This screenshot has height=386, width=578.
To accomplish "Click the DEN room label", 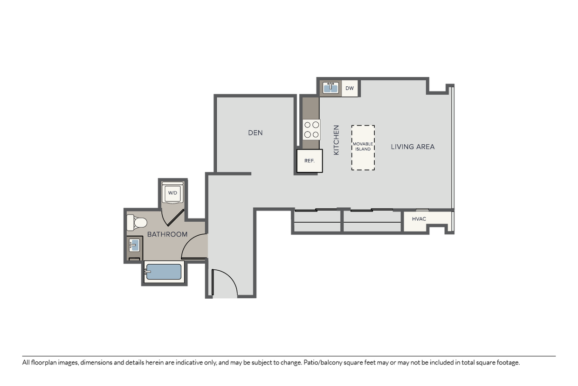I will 255,133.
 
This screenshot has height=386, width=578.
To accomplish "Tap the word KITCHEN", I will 336,140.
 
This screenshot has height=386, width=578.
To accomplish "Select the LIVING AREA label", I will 413,147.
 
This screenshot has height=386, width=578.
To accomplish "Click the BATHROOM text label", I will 167,234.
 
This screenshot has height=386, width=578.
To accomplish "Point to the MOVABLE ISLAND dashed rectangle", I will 363,147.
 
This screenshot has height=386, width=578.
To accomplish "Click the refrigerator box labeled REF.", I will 310,161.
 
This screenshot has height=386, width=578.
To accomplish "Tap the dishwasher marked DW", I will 350,88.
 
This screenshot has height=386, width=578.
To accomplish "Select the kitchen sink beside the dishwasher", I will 331,88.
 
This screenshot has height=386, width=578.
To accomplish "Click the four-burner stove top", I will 311,129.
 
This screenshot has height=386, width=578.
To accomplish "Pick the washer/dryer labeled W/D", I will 173,192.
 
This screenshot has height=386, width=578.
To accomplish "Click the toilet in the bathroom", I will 137,223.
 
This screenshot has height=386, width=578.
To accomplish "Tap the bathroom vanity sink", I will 134,245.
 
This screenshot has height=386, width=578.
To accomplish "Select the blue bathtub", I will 163,272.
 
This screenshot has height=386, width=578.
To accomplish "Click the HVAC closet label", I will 419,219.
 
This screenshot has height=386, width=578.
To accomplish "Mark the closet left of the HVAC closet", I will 372,221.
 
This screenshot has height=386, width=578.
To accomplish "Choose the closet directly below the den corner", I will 317,221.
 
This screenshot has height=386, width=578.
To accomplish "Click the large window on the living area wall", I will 452,147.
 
